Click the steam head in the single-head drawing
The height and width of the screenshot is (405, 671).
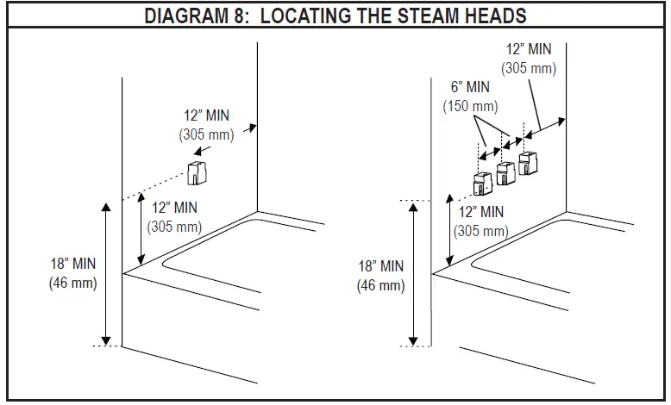point(198,172)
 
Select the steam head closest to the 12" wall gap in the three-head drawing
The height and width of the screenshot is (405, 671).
point(529,164)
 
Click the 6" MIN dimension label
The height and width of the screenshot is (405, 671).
point(471,88)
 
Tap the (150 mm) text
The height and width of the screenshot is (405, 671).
point(471,106)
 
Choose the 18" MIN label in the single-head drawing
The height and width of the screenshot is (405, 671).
point(72,263)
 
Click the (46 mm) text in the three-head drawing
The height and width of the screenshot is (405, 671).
point(379,285)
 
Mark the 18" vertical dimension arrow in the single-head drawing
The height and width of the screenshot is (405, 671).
point(106,272)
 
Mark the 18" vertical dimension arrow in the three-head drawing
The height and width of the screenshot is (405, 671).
point(414,272)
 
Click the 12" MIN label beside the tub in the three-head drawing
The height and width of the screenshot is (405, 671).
point(481,212)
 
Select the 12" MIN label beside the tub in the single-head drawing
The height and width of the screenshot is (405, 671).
point(174,209)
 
